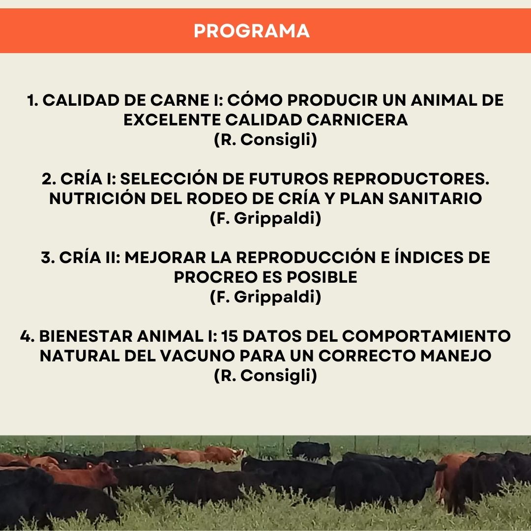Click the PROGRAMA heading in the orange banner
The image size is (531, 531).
pyautogui.click(x=252, y=31)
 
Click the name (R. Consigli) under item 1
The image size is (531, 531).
pyautogui.click(x=265, y=140)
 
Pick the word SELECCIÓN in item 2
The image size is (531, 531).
pyautogui.click(x=169, y=178)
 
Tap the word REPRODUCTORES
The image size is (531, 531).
pyautogui.click(x=411, y=179)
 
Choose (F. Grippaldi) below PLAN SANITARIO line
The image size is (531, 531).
pyautogui.click(x=265, y=218)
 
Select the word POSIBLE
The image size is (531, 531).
pyautogui.click(x=322, y=277)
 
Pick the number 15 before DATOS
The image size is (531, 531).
pyautogui.click(x=230, y=336)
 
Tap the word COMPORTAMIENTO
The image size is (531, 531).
pyautogui.click(x=426, y=336)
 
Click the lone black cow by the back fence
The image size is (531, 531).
pyautogui.click(x=311, y=450)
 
